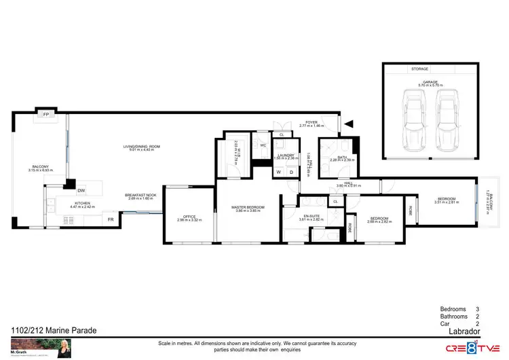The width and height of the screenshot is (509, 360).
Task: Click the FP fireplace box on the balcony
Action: tap(46, 115)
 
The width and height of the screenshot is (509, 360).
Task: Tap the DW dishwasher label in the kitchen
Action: tap(81, 191)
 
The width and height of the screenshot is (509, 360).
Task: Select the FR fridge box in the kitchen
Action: tap(109, 219)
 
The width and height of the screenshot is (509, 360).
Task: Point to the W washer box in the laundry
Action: tap(278, 172)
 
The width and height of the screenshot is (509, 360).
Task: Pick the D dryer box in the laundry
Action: tap(291, 172)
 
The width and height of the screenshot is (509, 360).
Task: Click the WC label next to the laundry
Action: tap(262, 145)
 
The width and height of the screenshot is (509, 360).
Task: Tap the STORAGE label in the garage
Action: tap(421, 69)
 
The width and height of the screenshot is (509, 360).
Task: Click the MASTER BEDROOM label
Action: tap(248, 207)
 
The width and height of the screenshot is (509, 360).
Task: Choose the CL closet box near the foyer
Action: tap(282, 135)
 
